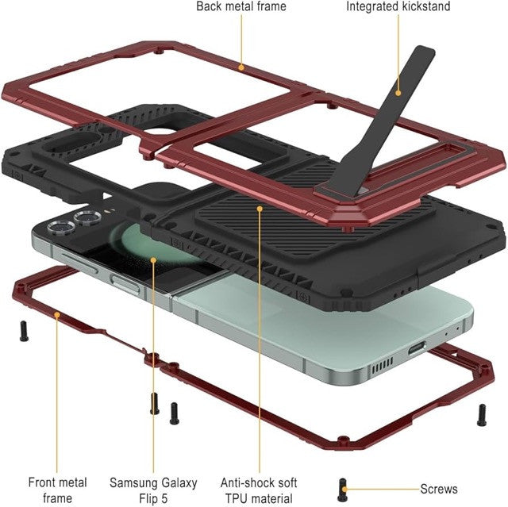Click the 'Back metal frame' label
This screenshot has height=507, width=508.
(241, 6)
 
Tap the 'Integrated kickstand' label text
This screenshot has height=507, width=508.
(398, 6)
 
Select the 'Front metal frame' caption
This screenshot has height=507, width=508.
(57, 490)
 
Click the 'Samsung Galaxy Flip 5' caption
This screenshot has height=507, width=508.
(153, 490)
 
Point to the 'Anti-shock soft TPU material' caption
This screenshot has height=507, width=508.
(259, 490)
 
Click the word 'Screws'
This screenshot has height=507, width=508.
(439, 489)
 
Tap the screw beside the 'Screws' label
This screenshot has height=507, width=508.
(343, 490)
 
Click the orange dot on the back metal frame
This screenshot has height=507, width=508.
(241, 67)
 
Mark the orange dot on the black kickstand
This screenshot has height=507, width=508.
(398, 93)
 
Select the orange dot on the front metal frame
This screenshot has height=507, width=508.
(57, 315)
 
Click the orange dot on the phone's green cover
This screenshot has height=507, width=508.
(153, 260)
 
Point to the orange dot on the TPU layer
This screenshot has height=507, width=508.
(260, 209)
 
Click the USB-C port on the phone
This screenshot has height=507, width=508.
(417, 348)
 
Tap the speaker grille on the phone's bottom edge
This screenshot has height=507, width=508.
(383, 365)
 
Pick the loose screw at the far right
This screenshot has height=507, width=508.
(482, 415)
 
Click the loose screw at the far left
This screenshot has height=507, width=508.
(24, 331)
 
